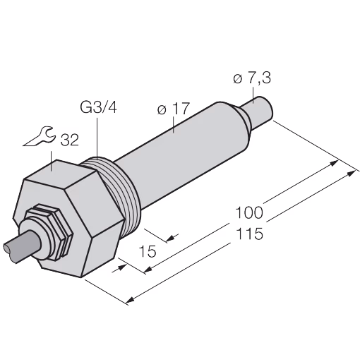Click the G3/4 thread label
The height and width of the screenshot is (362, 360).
tap(98, 108)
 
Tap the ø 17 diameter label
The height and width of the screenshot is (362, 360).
tap(174, 109)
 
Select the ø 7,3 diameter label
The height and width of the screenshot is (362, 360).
tap(252, 78)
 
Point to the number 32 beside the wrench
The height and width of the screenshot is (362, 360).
tap(69, 140)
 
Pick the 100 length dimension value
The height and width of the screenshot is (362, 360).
tap(248, 212)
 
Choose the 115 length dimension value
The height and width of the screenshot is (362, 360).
tap(249, 234)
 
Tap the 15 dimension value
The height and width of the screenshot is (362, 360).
tap(148, 251)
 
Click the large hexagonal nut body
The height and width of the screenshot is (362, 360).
tap(68, 219)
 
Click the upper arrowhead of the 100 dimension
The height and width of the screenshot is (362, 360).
tap(334, 163)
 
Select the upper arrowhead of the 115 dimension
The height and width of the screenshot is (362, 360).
tap(352, 173)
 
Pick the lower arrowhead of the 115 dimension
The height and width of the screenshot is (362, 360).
tap(131, 300)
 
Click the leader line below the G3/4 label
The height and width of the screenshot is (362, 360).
tap(97, 137)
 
